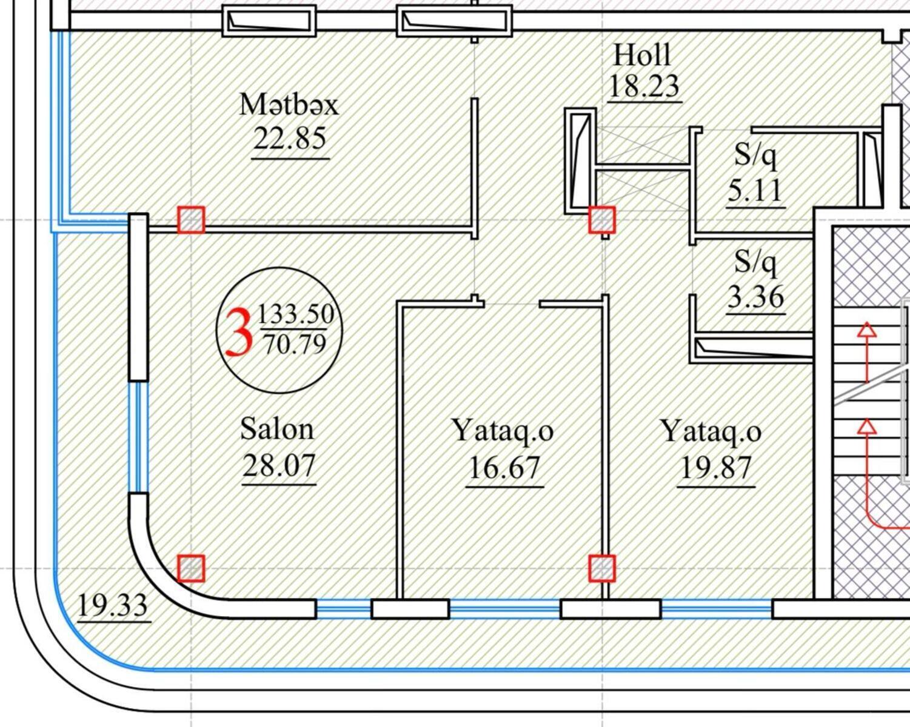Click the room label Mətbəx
(289, 104)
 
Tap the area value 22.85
(290, 139)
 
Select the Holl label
(642, 55)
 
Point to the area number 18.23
(643, 86)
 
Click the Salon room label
(277, 429)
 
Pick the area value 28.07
(279, 466)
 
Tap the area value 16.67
(504, 468)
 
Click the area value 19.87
(716, 468)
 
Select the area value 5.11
(755, 191)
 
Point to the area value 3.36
(755, 297)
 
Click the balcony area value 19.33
(113, 605)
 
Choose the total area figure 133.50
(296, 314)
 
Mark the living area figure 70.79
(295, 344)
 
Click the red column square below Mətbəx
(191, 219)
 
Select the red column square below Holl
(602, 219)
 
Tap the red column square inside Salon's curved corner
(191, 568)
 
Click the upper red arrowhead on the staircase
(868, 330)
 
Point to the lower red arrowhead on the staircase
(868, 427)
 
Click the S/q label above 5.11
(755, 156)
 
